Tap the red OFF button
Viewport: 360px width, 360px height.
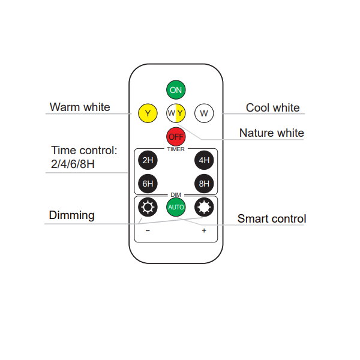coord(176,137)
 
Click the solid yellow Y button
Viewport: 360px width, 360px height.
coord(148,113)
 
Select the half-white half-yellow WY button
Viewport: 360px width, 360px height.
coord(176,113)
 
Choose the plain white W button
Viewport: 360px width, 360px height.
coord(204,113)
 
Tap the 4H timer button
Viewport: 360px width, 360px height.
coord(204,160)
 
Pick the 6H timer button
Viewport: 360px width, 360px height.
coord(148,184)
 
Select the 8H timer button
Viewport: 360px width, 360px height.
coord(204,184)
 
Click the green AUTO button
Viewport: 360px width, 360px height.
coord(176,207)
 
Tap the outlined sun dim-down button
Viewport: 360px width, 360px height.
coord(148,207)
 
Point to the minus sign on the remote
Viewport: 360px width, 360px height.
coord(148,230)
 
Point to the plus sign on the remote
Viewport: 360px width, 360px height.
coord(204,230)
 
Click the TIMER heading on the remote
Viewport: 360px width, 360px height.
coord(176,149)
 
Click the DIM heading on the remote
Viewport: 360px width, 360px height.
coord(176,194)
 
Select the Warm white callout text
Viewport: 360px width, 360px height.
coord(80,107)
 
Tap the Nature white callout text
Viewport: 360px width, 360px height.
coord(272,133)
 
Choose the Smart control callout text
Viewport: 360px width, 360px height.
coord(272,218)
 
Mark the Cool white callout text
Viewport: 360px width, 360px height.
coord(273,107)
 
